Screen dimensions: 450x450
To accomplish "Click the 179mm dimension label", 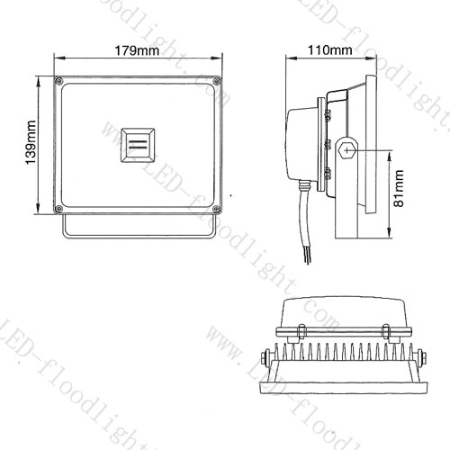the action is [x=137, y=50].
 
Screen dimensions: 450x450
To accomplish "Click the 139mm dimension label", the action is [x=31, y=142].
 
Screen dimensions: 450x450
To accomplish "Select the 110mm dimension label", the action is [x=330, y=49].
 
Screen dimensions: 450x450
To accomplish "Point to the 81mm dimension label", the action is [x=399, y=188].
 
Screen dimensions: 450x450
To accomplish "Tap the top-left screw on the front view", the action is [x=58, y=81].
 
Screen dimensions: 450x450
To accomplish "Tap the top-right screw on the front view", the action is [x=217, y=81].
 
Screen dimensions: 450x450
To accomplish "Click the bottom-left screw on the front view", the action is [x=58, y=209].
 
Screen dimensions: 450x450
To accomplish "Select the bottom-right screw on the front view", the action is [x=217, y=209].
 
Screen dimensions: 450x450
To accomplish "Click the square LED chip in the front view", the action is [x=138, y=145].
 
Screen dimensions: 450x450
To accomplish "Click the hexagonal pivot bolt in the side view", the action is [x=347, y=150].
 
